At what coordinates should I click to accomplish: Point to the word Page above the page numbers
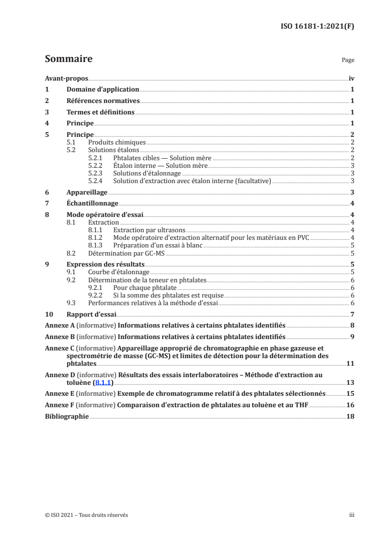tap(347, 61)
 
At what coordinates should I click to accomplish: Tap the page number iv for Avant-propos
tap(351, 78)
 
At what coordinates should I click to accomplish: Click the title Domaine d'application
tap(102, 89)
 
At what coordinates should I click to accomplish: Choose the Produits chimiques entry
tap(117, 143)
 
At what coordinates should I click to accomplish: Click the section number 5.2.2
tap(97, 165)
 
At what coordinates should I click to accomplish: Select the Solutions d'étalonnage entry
tap(147, 173)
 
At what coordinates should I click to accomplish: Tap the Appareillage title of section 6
tap(87, 192)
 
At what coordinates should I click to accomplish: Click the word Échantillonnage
tap(92, 204)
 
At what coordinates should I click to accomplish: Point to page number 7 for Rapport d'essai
tap(351, 314)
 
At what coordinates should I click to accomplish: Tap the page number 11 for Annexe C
tap(350, 363)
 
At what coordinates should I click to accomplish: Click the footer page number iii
tap(352, 515)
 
